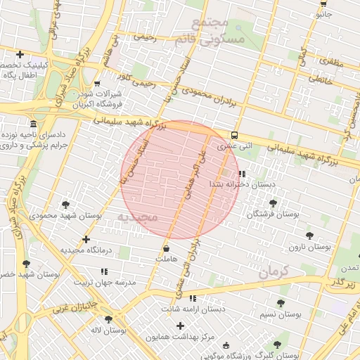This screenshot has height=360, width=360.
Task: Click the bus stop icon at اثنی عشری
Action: click(233, 136)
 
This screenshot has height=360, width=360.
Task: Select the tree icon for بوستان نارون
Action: click(309, 236)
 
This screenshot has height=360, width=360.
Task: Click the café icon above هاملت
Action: click(166, 248)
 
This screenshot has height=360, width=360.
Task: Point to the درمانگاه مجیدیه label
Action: click(86, 250)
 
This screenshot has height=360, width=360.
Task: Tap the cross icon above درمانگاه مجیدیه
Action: click(86, 239)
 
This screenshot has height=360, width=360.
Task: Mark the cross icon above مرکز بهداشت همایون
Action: click(181, 326)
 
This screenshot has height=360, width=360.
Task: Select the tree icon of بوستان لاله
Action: click(106, 319)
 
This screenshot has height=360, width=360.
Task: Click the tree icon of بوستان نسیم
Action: click(281, 303)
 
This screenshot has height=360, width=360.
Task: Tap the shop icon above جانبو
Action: click(323, 3)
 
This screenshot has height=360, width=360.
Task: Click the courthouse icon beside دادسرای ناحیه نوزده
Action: click(34, 122)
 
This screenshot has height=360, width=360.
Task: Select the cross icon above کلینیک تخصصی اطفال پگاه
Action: click(20, 54)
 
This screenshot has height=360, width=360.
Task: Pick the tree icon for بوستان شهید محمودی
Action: click(65, 205)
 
